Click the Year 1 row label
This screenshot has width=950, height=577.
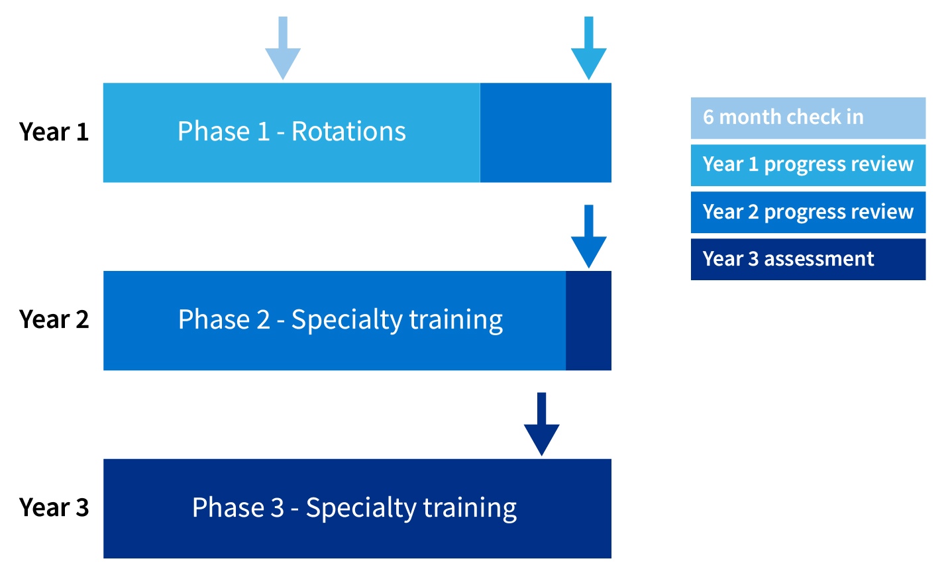(x=54, y=131)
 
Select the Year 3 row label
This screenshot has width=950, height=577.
(x=54, y=507)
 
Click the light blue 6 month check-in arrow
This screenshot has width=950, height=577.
(x=283, y=48)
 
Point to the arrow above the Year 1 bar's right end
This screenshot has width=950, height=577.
(x=589, y=48)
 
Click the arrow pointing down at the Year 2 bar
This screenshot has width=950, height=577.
(x=589, y=236)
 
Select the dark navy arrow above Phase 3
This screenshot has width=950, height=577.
(x=542, y=424)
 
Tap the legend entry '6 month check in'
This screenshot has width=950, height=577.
(x=808, y=118)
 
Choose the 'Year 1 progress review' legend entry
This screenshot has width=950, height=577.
(x=808, y=165)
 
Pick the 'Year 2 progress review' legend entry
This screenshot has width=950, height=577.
(x=808, y=212)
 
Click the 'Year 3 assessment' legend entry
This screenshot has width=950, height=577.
(x=808, y=259)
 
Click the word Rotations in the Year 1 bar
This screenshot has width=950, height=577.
(x=348, y=131)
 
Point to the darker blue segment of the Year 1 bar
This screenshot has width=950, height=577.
(x=546, y=132)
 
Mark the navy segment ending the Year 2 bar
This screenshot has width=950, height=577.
(x=589, y=321)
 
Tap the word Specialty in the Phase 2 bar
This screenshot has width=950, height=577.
(x=347, y=320)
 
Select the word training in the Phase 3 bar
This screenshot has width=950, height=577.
(x=470, y=508)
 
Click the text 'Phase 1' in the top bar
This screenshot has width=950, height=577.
(x=223, y=131)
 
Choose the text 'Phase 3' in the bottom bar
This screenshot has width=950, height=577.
(x=238, y=507)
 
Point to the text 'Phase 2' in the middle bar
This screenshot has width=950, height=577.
(x=224, y=319)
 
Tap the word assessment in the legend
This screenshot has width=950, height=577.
(x=819, y=259)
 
